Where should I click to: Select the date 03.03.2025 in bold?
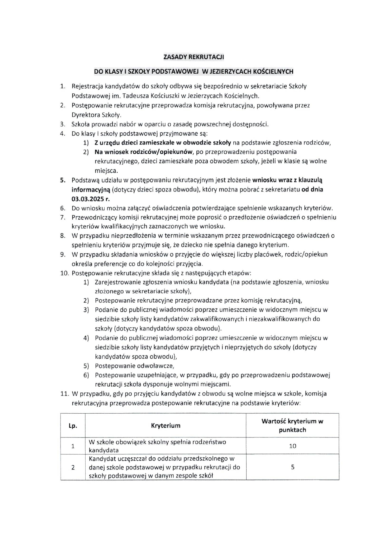coord(88,199)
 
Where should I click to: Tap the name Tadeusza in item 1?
coord(136,95)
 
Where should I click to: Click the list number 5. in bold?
coord(63,180)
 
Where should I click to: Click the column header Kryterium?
coord(165,426)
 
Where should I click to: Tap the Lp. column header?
coord(73,426)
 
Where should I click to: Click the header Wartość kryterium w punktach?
coord(292,426)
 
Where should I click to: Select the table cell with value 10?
coord(292,446)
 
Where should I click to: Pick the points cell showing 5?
coord(292,467)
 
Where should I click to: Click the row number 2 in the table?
coord(73,467)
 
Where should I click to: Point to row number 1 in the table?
coord(73,446)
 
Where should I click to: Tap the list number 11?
coord(65,394)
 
